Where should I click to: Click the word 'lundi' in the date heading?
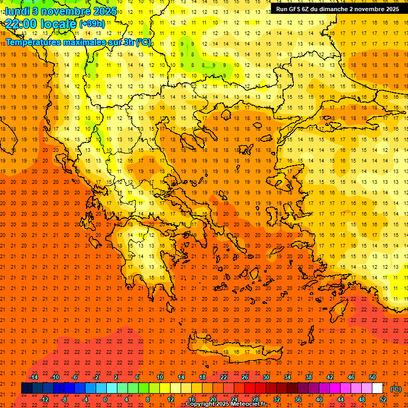click(17, 11)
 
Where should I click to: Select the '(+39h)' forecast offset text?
click(92, 23)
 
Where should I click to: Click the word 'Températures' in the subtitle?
click(31, 42)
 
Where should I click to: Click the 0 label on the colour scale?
click(105, 399)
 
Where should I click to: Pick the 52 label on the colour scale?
click(383, 399)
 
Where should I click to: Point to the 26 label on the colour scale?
click(245, 377)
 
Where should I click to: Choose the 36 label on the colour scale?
click(297, 399)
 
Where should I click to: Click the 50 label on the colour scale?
click(372, 377)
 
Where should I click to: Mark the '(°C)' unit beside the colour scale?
click(396, 388)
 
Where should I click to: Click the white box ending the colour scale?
click(377, 388)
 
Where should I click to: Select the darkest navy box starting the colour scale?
click(27, 388)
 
